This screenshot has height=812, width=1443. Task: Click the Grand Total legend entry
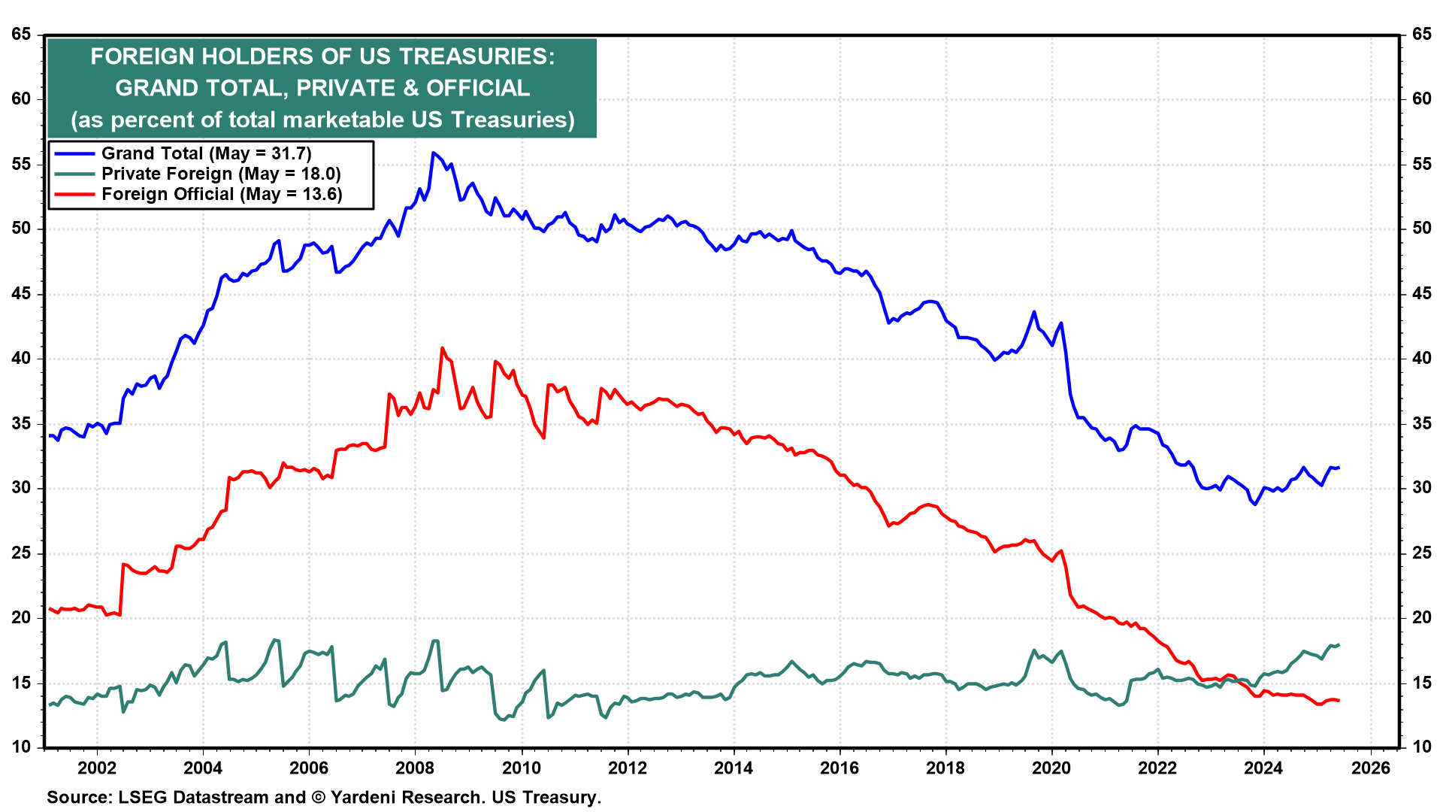[x=206, y=153]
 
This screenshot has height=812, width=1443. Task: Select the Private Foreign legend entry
[x=221, y=174]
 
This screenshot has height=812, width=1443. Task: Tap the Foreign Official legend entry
[x=222, y=194]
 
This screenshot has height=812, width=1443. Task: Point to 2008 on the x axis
[x=415, y=768]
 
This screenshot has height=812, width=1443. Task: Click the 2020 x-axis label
[x=1051, y=768]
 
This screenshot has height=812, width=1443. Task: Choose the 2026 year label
[x=1370, y=768]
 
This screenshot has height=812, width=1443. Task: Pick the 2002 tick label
[x=97, y=768]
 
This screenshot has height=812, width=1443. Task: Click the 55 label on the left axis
[x=21, y=164]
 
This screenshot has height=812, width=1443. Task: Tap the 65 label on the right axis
[x=1421, y=34]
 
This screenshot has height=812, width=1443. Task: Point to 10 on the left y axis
[x=21, y=747]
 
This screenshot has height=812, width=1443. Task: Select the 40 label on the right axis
[x=1421, y=358]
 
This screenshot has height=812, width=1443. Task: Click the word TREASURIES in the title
[x=476, y=56]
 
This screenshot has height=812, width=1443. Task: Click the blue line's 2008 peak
[x=433, y=153]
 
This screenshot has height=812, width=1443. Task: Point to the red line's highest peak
[x=442, y=347]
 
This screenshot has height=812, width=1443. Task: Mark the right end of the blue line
[x=1339, y=468]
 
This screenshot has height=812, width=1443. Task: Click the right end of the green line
[x=1339, y=644]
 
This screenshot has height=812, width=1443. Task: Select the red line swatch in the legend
[x=74, y=194]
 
